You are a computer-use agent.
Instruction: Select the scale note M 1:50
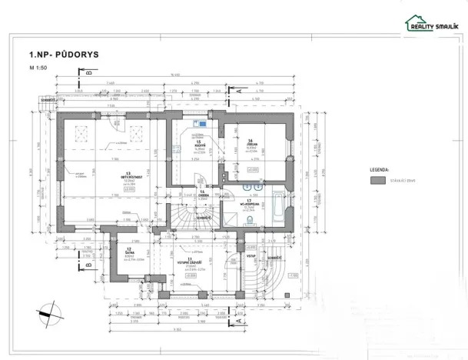click(37, 68)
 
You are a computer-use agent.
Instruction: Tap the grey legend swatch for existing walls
click(377, 180)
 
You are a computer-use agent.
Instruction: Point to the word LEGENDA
click(379, 167)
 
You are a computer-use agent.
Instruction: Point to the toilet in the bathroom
click(251, 219)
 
